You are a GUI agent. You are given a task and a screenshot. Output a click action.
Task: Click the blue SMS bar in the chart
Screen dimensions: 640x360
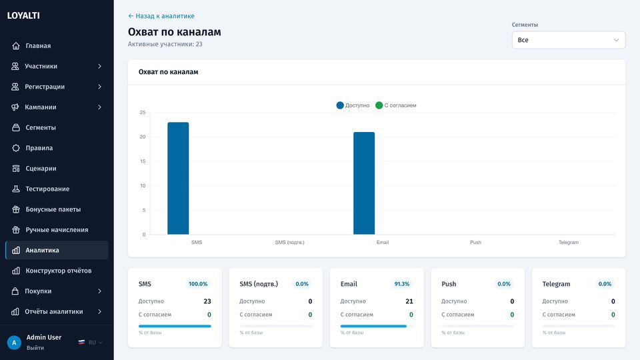[178, 179]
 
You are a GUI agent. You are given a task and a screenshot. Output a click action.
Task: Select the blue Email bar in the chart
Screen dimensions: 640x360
[364, 183]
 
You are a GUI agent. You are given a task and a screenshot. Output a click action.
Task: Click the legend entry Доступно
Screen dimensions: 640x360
[353, 105]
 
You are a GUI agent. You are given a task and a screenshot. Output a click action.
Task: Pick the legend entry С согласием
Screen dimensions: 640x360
[395, 105]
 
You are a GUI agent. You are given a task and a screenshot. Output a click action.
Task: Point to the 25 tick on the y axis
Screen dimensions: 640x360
[143, 112]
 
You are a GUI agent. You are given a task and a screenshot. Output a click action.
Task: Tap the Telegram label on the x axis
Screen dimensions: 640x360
[568, 243]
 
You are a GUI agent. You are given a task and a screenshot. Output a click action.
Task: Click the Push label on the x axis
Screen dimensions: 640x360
[475, 243]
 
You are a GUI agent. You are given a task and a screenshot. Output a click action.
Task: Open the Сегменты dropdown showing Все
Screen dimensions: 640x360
[569, 40]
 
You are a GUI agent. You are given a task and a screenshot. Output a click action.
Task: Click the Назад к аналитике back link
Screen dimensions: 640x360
[161, 16]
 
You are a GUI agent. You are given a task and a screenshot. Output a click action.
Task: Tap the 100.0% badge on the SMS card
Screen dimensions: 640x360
[198, 284]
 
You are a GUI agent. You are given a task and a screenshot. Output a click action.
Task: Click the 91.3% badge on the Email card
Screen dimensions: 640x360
[401, 284]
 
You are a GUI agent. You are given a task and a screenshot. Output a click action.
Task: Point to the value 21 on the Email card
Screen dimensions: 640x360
[409, 301]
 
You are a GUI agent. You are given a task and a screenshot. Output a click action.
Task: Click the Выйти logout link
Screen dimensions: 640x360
[35, 348]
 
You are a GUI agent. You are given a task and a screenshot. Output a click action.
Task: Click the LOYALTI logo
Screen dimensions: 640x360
[23, 15]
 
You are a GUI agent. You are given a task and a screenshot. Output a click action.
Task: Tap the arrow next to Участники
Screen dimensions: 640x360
[99, 66]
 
